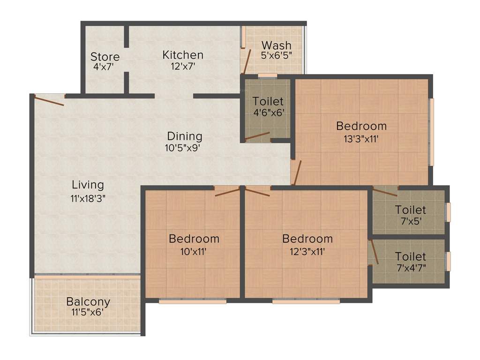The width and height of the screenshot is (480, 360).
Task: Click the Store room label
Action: point(105,57)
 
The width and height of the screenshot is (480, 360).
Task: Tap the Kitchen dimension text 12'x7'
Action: point(183,67)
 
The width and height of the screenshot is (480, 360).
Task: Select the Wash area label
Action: point(276,45)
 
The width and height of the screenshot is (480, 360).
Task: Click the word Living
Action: point(88,185)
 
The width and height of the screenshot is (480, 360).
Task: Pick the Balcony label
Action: point(88,301)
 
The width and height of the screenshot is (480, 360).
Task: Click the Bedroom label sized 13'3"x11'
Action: point(361,126)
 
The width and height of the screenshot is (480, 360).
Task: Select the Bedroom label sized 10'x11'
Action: point(194,239)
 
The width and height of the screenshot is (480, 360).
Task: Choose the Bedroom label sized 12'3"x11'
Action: point(307,239)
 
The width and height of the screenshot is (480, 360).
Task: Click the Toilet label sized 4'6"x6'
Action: point(268,101)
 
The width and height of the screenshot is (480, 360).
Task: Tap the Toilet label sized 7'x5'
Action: point(410,210)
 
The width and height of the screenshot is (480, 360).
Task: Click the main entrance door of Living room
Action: point(49,100)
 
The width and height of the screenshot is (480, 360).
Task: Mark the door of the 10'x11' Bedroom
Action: point(227,191)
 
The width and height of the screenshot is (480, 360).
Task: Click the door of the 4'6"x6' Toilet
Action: point(258,136)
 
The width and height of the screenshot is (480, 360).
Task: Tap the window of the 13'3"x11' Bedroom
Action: point(432,131)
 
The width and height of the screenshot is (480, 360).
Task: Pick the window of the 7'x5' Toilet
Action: point(448,212)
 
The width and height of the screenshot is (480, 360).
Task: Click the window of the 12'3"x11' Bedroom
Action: point(306,301)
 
